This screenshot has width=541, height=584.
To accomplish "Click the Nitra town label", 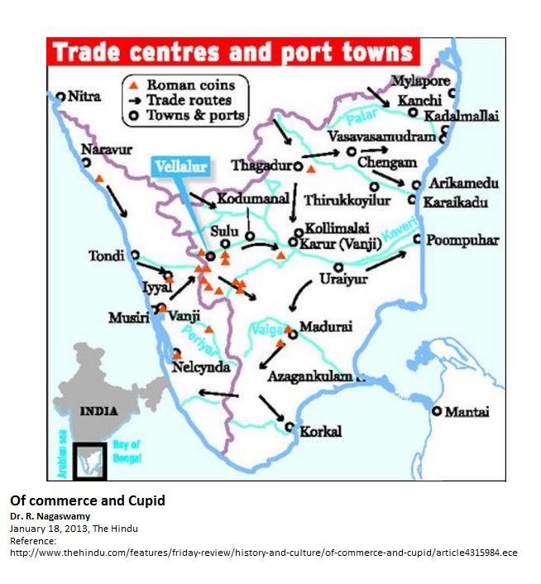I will [x=84, y=97].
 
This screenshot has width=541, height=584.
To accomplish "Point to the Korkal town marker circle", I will [x=290, y=428].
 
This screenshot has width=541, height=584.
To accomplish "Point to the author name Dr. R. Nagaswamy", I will [x=50, y=516].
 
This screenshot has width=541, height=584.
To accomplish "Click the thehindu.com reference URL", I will [x=262, y=553].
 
